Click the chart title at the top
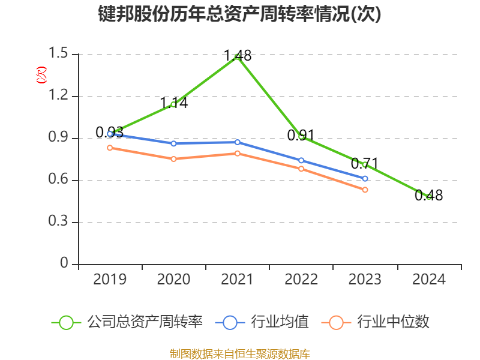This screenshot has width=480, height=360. (x=239, y=14)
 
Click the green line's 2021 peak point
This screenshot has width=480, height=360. (x=238, y=57)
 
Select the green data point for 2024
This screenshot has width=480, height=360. (x=429, y=197)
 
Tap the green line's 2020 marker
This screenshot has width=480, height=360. (x=173, y=104)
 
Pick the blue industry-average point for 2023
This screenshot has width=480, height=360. (x=365, y=178)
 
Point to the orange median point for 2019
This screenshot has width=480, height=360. (x=110, y=148)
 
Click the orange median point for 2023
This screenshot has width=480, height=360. (x=365, y=190)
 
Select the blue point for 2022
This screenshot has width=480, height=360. (x=301, y=160)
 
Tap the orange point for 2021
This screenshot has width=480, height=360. (x=238, y=153)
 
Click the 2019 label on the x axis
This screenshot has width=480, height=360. (x=110, y=280)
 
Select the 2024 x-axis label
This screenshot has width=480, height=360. (x=429, y=280)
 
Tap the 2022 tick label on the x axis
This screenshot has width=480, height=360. (x=301, y=280)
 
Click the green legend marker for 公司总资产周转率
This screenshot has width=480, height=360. (x=66, y=322)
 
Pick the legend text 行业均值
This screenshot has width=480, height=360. (x=281, y=322)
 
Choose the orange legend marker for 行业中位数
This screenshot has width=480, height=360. (x=337, y=322)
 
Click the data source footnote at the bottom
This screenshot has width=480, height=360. (x=239, y=353)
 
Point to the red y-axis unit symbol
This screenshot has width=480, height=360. (x=41, y=75)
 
